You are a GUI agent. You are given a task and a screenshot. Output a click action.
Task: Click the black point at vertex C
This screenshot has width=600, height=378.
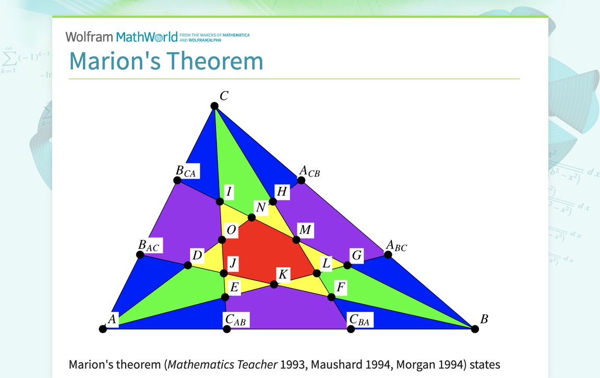coord(214,106)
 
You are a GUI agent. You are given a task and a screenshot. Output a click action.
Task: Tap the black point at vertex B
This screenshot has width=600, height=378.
coord(475,329)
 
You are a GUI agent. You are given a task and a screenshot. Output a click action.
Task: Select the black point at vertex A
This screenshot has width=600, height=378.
coord(103,329)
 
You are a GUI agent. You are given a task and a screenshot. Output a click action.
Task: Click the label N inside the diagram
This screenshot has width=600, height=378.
coord(261,208)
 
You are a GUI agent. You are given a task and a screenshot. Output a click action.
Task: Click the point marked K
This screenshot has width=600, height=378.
coord(274,285)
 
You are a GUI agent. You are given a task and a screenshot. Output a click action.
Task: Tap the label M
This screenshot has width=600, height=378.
coord(305,230)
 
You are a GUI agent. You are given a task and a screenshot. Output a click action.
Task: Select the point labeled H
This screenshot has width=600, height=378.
coord(273,202)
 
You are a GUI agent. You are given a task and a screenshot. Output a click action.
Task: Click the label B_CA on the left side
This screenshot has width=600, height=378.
coord(186,171)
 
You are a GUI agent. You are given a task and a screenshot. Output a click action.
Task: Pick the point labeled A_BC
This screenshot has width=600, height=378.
coord(388,255)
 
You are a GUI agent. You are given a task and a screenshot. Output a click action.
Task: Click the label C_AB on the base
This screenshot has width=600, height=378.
coord(235,320)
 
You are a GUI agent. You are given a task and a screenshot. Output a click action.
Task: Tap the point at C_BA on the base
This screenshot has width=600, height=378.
coord(351,329)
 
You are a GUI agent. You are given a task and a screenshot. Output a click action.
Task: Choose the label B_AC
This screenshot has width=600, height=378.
coord(148,245)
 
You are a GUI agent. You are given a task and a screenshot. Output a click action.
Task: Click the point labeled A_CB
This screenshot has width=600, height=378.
coord(301,181)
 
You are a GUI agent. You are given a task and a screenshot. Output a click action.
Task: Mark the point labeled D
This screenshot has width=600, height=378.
coord(188,265)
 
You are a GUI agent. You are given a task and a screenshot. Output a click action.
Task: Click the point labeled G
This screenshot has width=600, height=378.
coord(347,265)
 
